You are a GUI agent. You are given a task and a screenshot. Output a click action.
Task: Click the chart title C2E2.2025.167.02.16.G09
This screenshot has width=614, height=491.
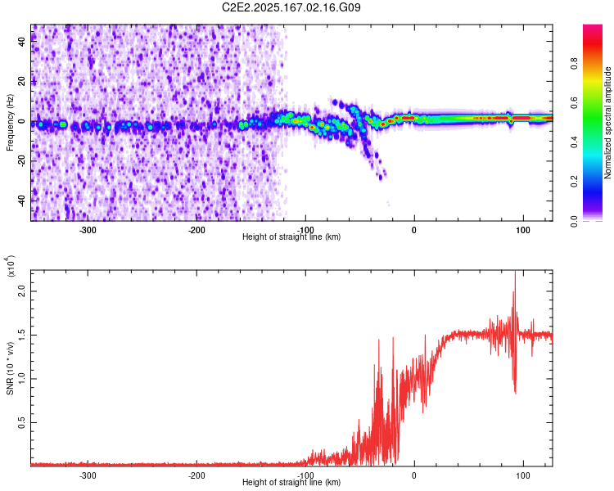tap(291, 7)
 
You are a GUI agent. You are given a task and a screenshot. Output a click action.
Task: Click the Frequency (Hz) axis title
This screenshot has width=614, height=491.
tap(10, 123)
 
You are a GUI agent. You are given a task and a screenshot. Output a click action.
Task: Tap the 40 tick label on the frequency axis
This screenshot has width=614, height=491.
tap(22, 41)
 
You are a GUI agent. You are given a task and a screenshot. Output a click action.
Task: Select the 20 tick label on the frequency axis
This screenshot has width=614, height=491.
tap(22, 81)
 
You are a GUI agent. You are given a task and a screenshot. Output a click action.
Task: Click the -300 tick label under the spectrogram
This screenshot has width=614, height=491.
tap(88, 230)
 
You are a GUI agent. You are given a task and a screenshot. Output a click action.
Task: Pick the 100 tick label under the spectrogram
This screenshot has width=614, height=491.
tap(523, 230)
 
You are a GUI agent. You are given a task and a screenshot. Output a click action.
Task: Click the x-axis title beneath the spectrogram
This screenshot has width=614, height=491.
tap(291, 236)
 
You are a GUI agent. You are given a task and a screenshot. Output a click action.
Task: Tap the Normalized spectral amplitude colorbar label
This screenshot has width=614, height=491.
tap(607, 123)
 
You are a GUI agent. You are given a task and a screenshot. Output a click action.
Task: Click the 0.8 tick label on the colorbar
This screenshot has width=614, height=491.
tap(574, 64)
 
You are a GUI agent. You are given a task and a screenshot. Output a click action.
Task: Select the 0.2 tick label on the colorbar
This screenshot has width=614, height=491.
tap(574, 182)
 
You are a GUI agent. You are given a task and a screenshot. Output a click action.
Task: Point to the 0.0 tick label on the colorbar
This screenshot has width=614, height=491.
tap(574, 221)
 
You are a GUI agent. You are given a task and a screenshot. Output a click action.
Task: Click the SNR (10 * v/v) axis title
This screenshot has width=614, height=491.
tap(10, 368)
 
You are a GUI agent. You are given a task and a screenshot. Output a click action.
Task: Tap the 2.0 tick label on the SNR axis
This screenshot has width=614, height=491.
tap(22, 291)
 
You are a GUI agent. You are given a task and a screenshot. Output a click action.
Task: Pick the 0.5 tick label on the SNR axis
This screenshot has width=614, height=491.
tap(22, 422)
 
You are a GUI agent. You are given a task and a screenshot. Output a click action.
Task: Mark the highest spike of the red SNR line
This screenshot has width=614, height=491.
tap(515, 271)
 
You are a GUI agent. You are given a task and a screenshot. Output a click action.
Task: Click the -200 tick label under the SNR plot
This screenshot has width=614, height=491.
tap(196, 475)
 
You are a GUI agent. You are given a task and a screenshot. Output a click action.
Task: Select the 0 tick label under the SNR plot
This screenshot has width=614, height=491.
tap(414, 475)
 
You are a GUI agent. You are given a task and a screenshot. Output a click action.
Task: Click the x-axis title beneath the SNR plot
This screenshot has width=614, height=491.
tap(291, 482)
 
